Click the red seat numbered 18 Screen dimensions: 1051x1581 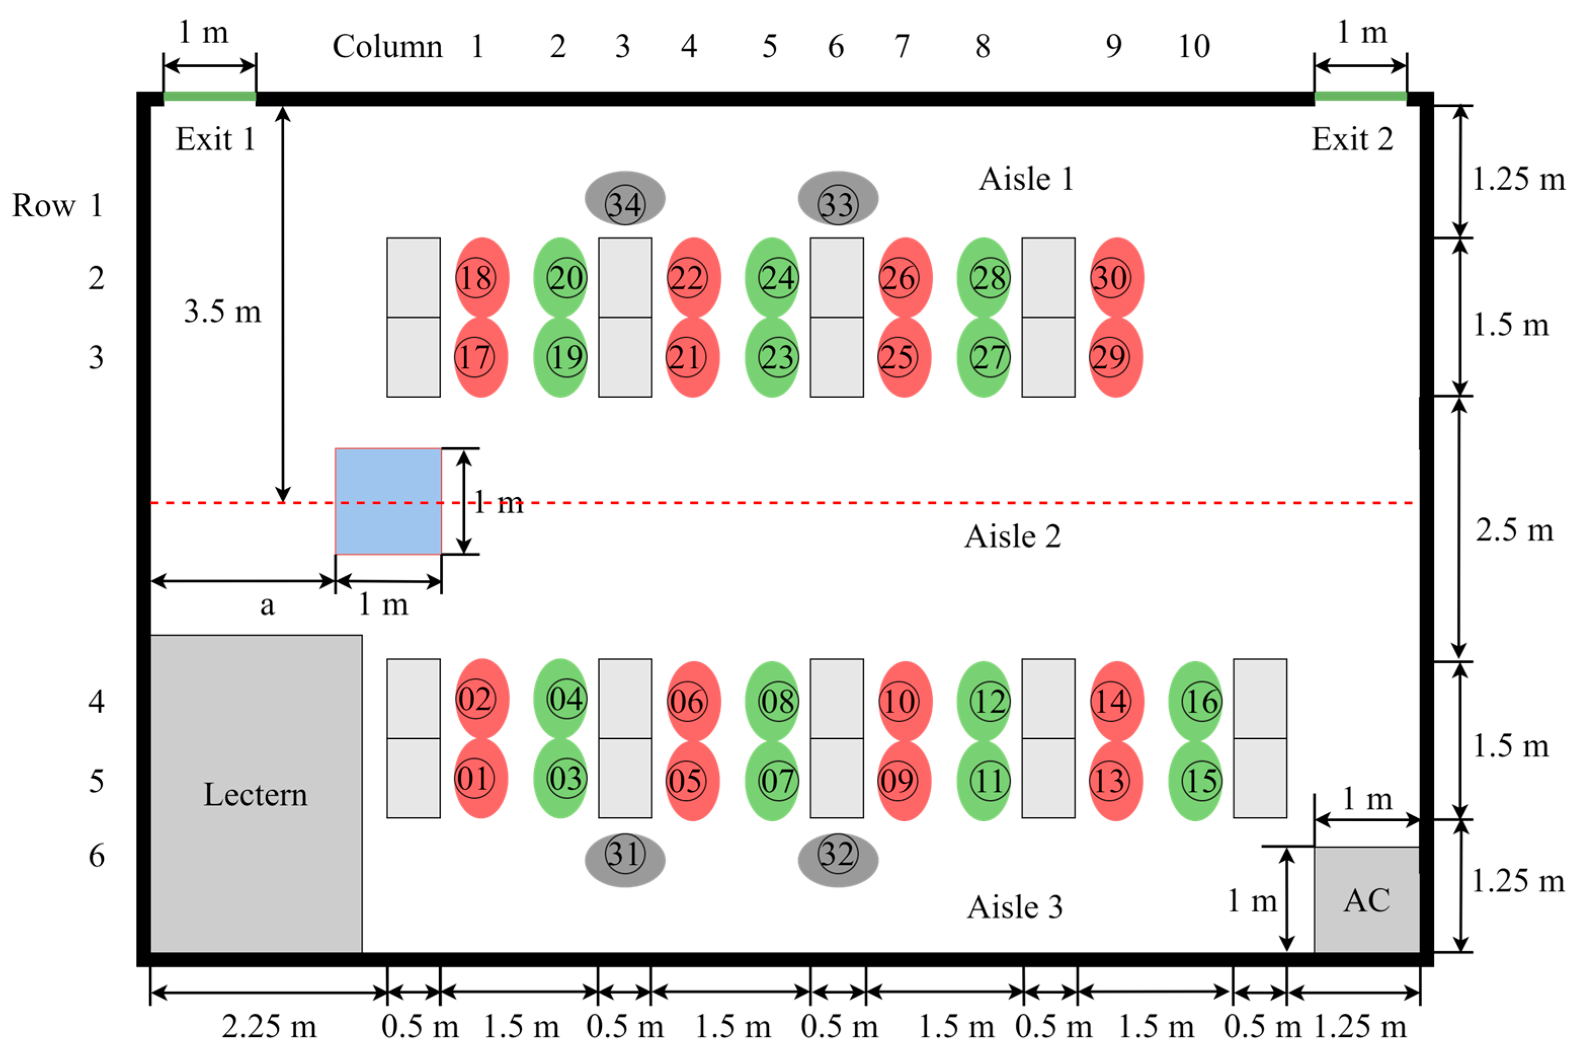[481, 277]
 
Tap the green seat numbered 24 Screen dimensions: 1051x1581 [772, 277]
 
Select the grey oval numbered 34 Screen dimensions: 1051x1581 [625, 199]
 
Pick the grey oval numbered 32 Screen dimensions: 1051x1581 [837, 859]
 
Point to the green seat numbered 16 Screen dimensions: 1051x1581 [1195, 701]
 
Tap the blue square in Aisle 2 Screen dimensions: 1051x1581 [388, 501]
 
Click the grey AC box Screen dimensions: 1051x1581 [1366, 900]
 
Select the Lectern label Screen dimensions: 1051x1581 [256, 794]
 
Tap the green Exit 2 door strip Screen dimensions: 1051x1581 [1360, 97]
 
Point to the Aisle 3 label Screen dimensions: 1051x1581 [1015, 907]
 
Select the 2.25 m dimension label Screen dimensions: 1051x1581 [269, 1026]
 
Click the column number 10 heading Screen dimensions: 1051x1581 [1194, 46]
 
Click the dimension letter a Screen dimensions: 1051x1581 [267, 605]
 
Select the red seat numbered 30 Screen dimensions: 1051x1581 [1116, 277]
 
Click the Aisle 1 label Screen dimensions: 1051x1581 [1026, 179]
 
